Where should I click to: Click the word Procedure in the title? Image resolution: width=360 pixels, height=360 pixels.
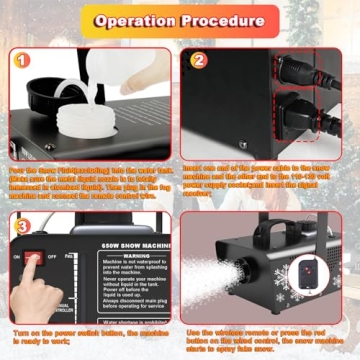(227, 21)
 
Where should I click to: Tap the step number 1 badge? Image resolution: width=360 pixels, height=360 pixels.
(21, 59)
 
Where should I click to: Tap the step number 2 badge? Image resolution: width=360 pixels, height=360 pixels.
(199, 59)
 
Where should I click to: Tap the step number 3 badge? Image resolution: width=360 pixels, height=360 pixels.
(21, 226)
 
